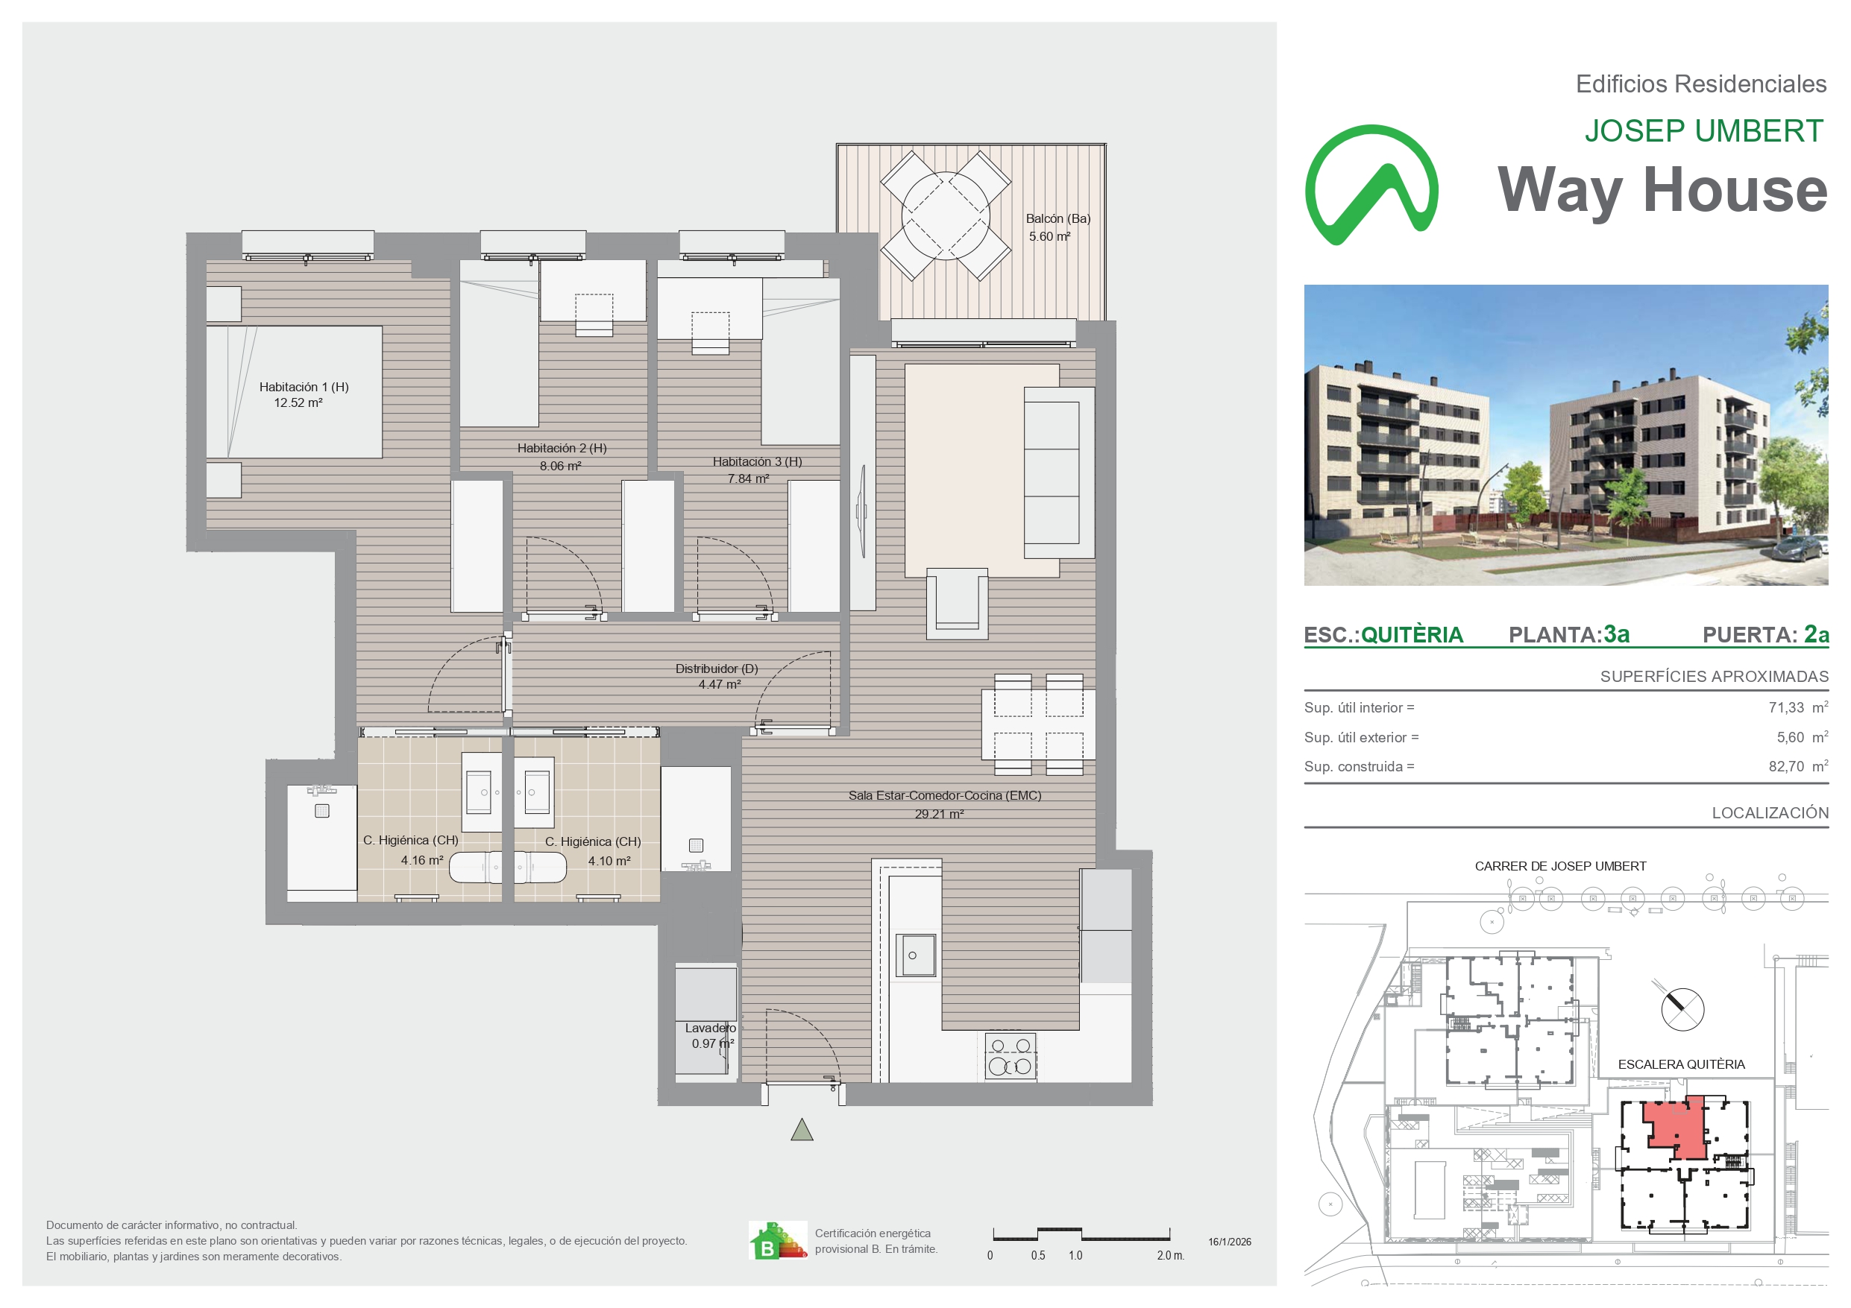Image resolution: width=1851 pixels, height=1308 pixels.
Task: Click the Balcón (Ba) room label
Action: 1058,218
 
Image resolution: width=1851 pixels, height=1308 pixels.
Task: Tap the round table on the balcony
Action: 946,215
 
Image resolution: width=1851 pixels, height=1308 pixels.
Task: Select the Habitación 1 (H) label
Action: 304,387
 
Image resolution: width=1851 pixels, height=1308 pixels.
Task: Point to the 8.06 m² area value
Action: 560,466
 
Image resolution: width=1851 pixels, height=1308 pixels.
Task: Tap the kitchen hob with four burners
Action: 1011,1056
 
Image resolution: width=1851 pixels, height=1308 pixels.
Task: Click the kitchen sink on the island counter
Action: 915,955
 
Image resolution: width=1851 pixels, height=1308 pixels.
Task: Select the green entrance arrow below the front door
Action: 802,1130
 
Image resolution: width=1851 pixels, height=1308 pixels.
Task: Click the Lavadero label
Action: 710,1029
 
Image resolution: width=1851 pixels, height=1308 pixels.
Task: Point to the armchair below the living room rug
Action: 957,604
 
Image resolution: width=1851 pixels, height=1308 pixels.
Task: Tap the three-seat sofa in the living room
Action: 1059,473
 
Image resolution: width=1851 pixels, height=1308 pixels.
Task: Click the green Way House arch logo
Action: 1371,185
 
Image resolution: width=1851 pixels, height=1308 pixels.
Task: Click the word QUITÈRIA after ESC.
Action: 1412,635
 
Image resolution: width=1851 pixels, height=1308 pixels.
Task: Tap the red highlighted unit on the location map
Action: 1677,1128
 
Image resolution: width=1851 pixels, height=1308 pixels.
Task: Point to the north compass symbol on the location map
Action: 1682,1008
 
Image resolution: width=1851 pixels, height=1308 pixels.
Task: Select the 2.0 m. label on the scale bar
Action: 1170,1256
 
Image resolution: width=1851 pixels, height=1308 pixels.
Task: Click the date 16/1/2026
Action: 1230,1242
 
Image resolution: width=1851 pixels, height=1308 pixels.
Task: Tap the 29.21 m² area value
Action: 939,814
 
